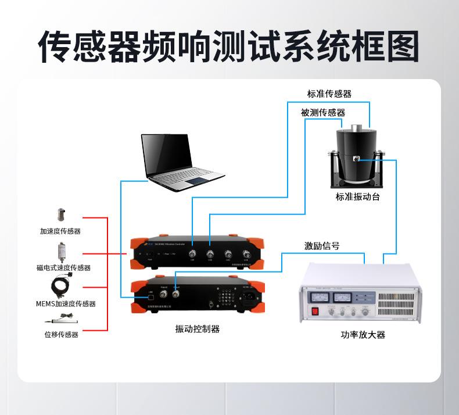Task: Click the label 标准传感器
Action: point(329,94)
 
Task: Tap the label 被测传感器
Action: point(323,112)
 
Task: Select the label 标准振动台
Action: point(357,196)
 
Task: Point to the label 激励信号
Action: point(322,246)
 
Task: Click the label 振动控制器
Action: point(198,329)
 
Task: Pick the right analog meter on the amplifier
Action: point(343,296)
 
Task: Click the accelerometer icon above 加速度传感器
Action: point(60,214)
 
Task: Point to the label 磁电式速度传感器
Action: point(63,267)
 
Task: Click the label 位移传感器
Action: point(61,334)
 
